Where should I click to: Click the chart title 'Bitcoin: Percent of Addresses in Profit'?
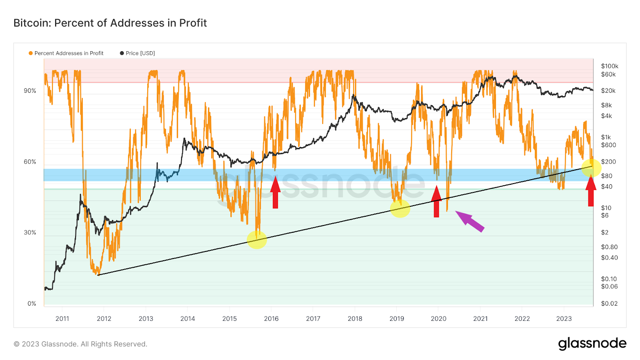(x=110, y=23)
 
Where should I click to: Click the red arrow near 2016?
(x=275, y=192)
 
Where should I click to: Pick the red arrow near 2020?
(x=436, y=201)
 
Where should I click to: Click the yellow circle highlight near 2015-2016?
(x=257, y=239)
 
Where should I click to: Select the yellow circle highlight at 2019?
(x=400, y=208)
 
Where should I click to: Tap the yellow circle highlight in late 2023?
(x=591, y=167)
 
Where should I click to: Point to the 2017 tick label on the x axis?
(x=313, y=319)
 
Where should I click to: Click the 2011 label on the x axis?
(x=62, y=319)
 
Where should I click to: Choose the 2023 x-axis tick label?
(x=564, y=319)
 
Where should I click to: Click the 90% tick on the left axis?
(x=30, y=91)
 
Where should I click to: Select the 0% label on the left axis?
(x=32, y=304)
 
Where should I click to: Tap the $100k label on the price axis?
(x=610, y=66)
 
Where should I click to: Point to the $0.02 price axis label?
(x=609, y=304)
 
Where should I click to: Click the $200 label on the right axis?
(x=608, y=162)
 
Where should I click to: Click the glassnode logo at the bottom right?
(x=592, y=344)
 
